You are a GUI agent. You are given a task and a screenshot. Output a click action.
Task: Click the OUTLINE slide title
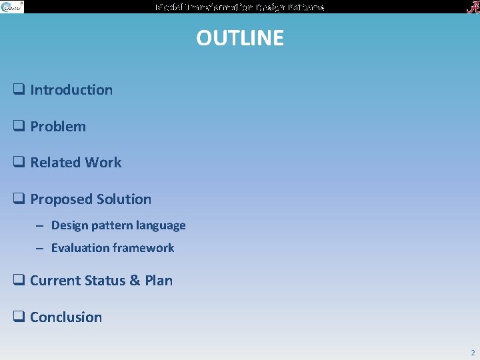240,38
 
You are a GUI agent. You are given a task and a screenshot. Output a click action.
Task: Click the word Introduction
71,90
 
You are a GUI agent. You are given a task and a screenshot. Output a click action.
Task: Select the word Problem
58,127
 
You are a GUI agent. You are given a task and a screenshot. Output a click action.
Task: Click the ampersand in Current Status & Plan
135,281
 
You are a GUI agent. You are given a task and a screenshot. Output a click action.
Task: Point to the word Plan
159,281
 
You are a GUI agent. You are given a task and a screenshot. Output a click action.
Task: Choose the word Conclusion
66,317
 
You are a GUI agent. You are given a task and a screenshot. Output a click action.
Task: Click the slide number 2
472,353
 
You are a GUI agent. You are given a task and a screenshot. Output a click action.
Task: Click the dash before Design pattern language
40,226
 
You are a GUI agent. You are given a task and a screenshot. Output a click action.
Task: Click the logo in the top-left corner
12,7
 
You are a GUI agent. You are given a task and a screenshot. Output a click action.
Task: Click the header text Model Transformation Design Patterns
240,7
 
